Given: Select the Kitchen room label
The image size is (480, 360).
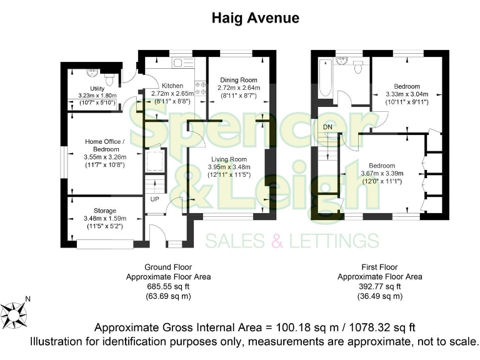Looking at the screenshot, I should (172, 86).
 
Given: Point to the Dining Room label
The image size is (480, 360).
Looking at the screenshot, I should (239, 80).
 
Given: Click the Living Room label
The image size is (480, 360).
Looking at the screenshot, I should (229, 159).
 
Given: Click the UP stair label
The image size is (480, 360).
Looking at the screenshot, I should (154, 199).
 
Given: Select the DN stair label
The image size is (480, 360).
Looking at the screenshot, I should (327, 127).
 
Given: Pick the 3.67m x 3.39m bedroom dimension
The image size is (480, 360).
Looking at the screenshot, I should (382, 173).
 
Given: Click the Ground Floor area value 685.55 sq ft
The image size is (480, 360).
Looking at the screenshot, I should (168, 286).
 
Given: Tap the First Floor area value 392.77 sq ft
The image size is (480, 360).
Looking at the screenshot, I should (379, 286).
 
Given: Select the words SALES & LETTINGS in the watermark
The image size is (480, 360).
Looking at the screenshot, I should (292, 241).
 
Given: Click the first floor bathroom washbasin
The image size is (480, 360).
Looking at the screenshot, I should (341, 63).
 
